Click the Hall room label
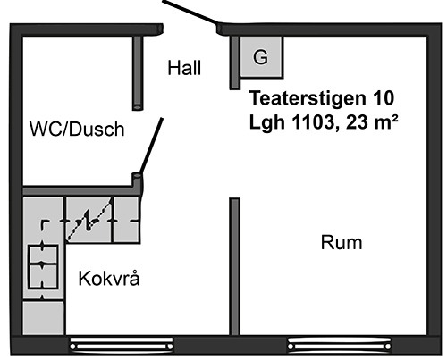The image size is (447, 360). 184,68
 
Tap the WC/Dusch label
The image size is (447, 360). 77,129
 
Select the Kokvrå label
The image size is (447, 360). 109,279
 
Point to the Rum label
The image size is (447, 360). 342,242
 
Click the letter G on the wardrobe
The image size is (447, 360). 260,57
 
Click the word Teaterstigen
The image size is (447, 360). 308,98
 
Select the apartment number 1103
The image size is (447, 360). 316,121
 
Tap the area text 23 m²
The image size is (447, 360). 372,121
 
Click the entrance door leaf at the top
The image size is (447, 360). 190,13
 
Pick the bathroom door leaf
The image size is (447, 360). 151,146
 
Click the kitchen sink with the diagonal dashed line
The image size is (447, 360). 89,220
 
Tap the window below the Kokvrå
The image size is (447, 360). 121,345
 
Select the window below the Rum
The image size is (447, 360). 339,345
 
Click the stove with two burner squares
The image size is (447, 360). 43,266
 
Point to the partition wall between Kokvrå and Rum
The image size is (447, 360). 234,266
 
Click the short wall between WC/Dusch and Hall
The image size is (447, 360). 138,73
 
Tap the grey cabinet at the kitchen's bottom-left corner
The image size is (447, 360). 44,318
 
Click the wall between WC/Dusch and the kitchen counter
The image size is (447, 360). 80,191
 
